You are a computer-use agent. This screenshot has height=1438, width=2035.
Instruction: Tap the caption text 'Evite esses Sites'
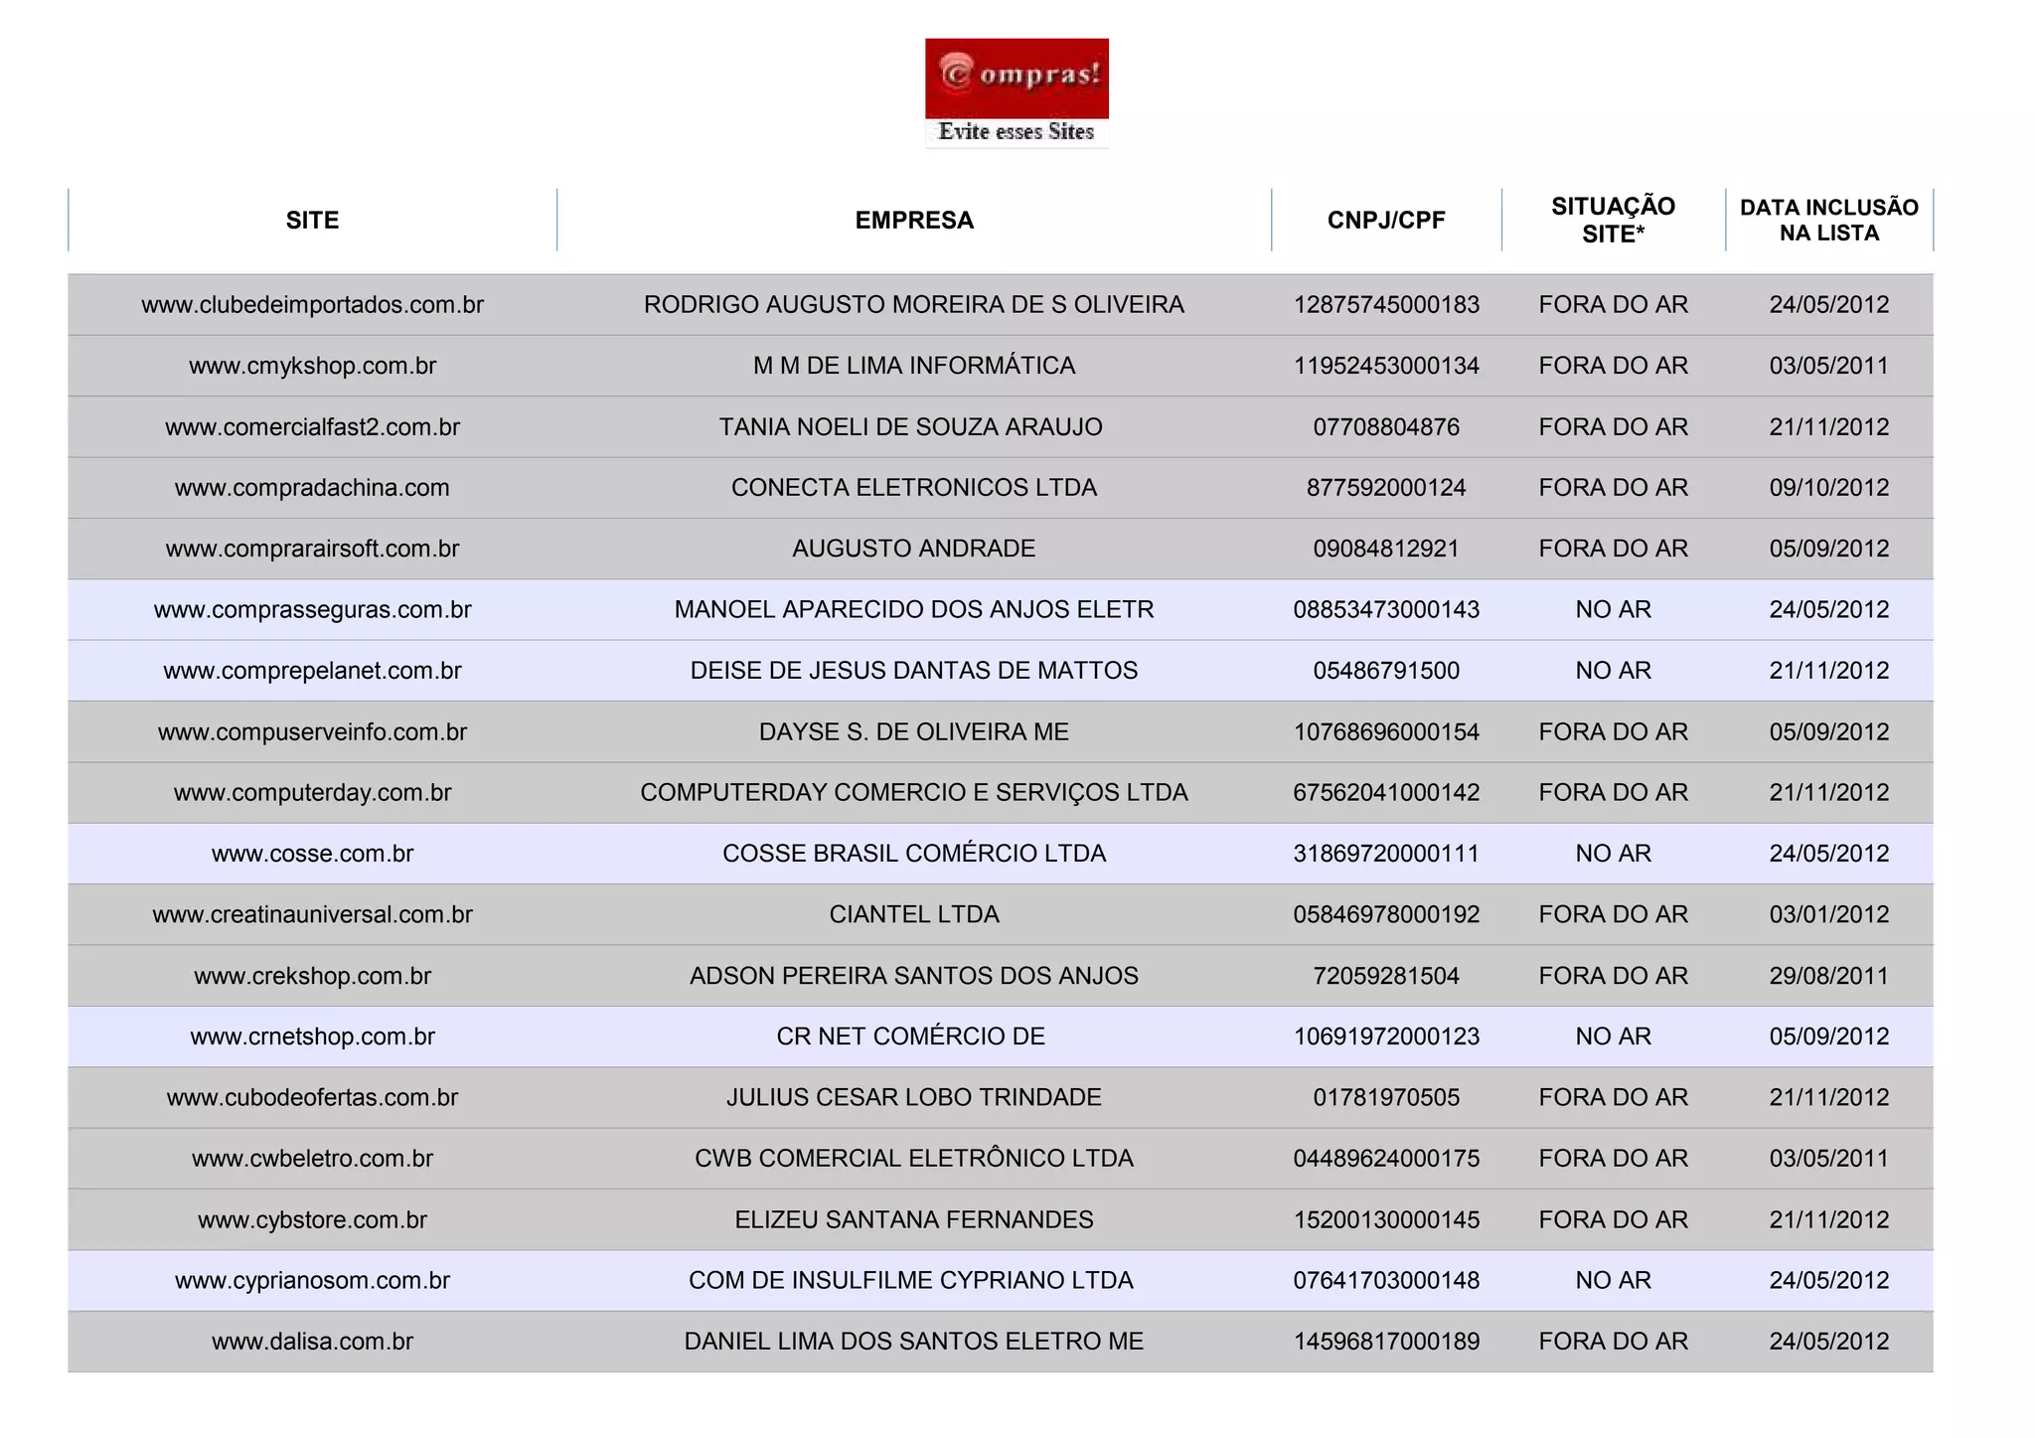tap(1016, 132)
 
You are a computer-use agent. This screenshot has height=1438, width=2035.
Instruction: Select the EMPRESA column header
tap(914, 221)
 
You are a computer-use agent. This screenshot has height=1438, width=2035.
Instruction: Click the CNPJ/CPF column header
tap(1386, 221)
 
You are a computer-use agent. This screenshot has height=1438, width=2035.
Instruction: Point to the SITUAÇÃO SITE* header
tap(1613, 221)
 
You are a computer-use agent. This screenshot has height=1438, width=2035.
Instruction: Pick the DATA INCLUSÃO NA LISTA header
tap(1828, 221)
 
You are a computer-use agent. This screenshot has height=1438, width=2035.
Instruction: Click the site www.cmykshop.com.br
tap(312, 366)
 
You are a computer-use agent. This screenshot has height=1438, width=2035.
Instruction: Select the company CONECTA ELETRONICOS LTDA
tap(914, 488)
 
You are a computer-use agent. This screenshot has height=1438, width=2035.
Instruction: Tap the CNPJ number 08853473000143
tap(1386, 610)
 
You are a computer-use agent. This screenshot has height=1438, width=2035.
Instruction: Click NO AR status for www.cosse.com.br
tap(1613, 854)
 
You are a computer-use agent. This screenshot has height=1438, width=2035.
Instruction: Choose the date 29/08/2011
tap(1828, 976)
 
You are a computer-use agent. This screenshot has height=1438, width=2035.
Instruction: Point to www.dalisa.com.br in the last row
tap(312, 1342)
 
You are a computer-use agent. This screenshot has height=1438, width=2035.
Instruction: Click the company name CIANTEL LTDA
tap(914, 914)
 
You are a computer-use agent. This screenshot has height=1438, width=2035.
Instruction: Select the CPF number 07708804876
tap(1386, 427)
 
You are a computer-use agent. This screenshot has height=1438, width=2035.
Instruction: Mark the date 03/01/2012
tap(1828, 914)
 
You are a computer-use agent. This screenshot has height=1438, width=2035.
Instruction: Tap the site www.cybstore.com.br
tap(312, 1220)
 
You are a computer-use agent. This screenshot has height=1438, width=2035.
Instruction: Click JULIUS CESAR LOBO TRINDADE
tap(914, 1098)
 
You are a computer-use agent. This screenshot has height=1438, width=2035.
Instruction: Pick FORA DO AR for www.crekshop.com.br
tap(1613, 976)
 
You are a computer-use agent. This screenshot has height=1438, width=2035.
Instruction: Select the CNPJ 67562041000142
tap(1386, 793)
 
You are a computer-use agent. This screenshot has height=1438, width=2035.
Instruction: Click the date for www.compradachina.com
tap(1828, 488)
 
